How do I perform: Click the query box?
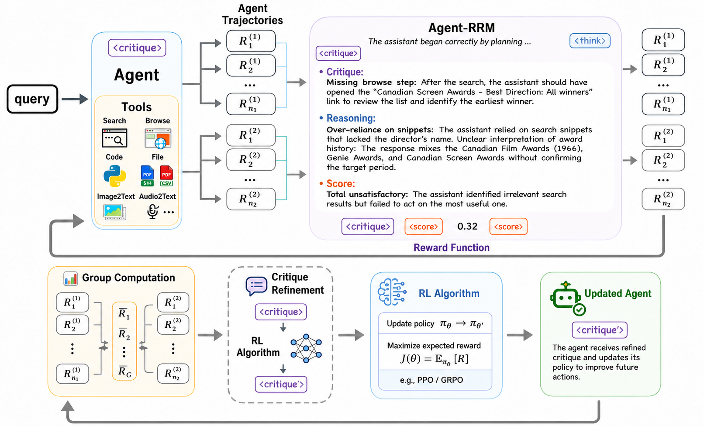32,99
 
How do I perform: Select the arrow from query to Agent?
75,99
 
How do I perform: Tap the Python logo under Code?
115,176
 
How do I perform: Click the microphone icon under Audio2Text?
153,211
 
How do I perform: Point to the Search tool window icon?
114,138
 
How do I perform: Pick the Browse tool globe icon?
161,144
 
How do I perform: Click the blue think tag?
590,41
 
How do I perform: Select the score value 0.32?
467,227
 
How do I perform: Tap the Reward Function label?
451,247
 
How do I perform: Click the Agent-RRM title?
461,27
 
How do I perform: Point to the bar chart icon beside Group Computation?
70,278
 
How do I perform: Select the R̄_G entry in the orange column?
124,371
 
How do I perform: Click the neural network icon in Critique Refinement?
306,348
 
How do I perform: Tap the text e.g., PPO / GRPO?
431,380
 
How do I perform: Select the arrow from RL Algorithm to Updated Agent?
520,335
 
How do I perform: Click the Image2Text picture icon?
115,212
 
